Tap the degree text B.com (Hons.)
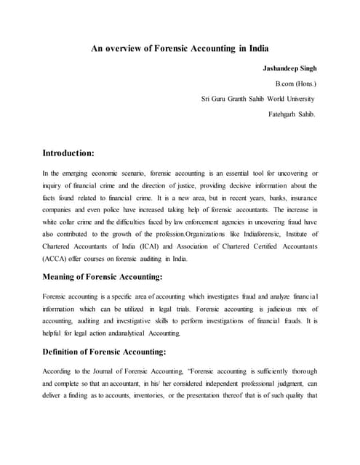pyautogui.click(x=295, y=84)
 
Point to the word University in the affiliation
pyautogui.click(x=297, y=99)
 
